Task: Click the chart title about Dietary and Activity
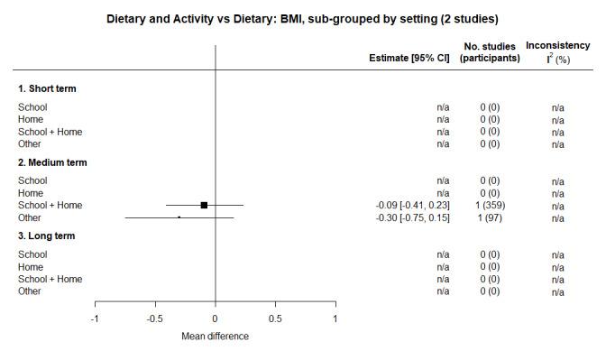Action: [302, 18]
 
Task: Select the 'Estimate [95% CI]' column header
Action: [409, 59]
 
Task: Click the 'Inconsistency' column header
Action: [558, 45]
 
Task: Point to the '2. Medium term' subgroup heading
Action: [52, 162]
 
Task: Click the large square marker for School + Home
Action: [205, 206]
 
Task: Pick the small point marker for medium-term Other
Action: [179, 217]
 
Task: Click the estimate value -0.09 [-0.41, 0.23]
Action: [412, 206]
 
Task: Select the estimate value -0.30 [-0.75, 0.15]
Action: [412, 217]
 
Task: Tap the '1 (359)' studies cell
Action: [490, 206]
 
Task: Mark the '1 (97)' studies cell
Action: [490, 217]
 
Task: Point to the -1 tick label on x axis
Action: [95, 318]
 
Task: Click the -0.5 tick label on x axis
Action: [154, 318]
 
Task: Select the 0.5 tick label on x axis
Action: [275, 318]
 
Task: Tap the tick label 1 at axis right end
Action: [335, 318]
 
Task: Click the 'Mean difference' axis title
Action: [216, 337]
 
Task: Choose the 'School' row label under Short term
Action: [32, 107]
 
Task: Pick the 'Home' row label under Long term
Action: [31, 267]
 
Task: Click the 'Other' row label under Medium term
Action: [31, 217]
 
